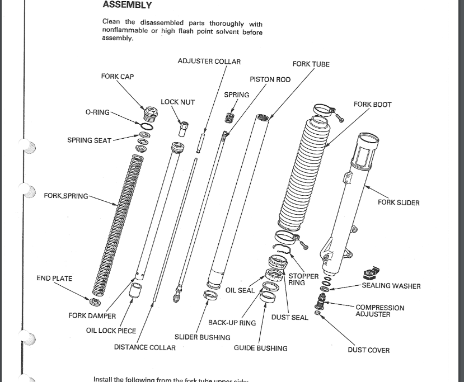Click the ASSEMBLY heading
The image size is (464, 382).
[x=127, y=5]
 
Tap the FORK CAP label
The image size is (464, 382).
[x=118, y=77]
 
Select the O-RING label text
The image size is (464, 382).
[x=97, y=112]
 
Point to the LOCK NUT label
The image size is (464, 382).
[x=177, y=102]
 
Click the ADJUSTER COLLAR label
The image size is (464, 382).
[x=209, y=62]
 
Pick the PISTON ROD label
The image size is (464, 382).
[x=270, y=80]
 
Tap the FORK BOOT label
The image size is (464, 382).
[x=372, y=105]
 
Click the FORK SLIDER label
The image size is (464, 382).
[x=398, y=202]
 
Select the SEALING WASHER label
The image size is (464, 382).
[x=391, y=286]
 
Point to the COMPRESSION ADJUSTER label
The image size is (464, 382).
[x=379, y=311]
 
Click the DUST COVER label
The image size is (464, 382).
[x=368, y=351]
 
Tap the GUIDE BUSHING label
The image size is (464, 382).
[x=260, y=348]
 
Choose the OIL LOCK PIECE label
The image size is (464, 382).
[x=111, y=331]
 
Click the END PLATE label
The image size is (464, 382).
[x=54, y=279]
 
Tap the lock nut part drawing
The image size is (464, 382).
[x=183, y=128]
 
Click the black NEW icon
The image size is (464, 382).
[x=368, y=273]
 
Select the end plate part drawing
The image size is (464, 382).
[x=96, y=303]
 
